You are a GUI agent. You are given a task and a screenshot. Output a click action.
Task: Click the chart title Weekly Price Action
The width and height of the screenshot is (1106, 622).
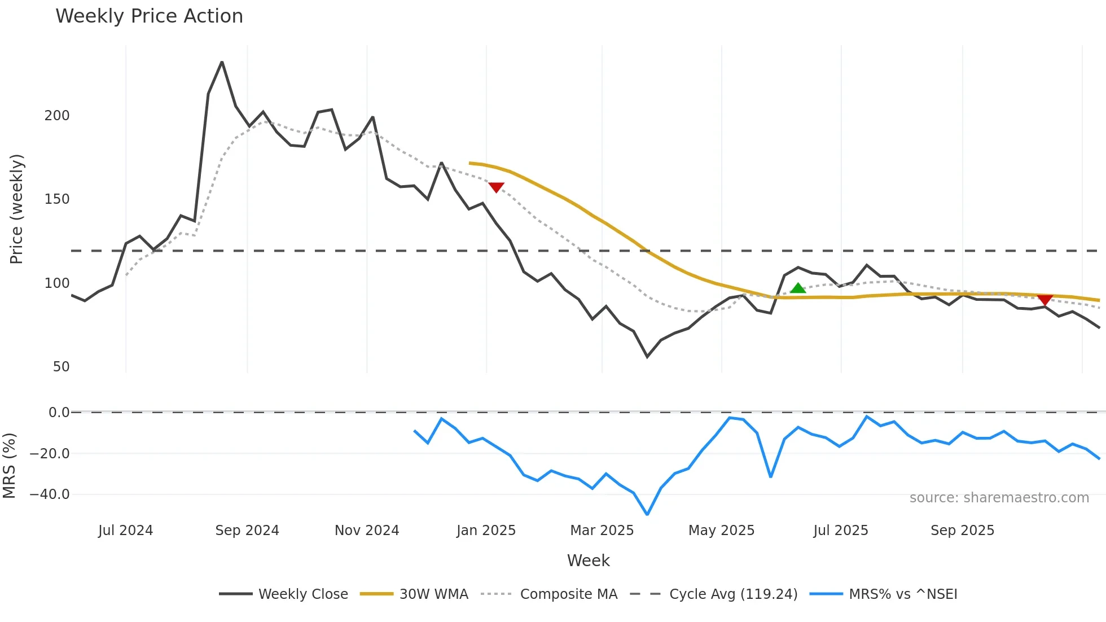pyautogui.click(x=149, y=16)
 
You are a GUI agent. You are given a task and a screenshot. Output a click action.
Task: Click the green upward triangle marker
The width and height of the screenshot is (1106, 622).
pyautogui.click(x=798, y=288)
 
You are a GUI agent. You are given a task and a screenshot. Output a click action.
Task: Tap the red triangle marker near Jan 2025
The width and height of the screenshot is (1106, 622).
pyautogui.click(x=496, y=187)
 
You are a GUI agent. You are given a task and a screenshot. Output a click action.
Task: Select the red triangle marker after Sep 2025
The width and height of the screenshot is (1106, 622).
pyautogui.click(x=1045, y=300)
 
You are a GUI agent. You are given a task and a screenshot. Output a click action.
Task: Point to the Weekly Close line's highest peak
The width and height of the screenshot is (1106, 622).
pyautogui.click(x=222, y=62)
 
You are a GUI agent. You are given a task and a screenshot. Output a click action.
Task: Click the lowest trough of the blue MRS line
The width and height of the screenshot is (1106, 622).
pyautogui.click(x=647, y=514)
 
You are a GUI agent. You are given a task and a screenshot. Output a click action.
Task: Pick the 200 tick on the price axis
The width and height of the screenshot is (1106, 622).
pyautogui.click(x=57, y=116)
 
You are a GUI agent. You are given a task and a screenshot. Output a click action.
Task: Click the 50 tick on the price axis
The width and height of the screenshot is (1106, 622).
pyautogui.click(x=61, y=367)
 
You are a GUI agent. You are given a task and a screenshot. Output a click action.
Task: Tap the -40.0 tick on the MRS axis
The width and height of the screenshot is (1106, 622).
pyautogui.click(x=50, y=494)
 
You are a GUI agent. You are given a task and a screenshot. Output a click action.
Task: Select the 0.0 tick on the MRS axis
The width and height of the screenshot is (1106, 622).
pyautogui.click(x=59, y=413)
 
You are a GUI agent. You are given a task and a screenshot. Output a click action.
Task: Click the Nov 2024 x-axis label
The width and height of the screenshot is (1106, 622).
pyautogui.click(x=367, y=531)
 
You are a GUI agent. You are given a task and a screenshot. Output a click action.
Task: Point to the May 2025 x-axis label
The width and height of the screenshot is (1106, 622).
pyautogui.click(x=721, y=531)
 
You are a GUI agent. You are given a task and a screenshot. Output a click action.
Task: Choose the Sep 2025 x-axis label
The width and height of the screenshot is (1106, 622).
pyautogui.click(x=962, y=531)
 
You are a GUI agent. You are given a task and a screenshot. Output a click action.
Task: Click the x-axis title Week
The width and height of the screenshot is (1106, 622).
pyautogui.click(x=588, y=560)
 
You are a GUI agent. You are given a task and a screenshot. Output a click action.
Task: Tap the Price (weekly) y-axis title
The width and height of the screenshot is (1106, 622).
pyautogui.click(x=16, y=209)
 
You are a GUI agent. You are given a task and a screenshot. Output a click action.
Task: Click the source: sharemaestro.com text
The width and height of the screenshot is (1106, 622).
pyautogui.click(x=999, y=498)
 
